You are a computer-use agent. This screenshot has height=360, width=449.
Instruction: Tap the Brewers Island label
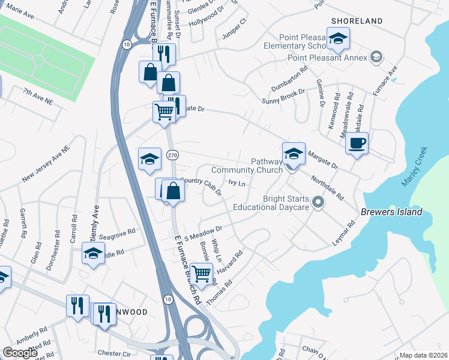[x=392, y=212]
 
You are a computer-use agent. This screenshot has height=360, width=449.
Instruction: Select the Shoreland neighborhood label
[x=355, y=21]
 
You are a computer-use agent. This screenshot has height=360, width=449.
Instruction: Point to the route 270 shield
[x=172, y=155]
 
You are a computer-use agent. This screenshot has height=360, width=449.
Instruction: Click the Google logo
[x=20, y=353]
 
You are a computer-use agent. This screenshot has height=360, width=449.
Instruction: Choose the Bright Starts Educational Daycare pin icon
[x=319, y=203]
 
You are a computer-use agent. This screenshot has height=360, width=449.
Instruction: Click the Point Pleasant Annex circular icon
[x=376, y=57]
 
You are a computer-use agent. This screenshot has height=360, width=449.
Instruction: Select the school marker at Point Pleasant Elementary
[x=339, y=40]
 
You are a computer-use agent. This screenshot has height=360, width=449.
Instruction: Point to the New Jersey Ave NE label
[x=47, y=163]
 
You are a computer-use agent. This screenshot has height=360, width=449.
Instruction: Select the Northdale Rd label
[x=327, y=187]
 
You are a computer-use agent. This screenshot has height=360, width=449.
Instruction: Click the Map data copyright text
[x=424, y=355]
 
